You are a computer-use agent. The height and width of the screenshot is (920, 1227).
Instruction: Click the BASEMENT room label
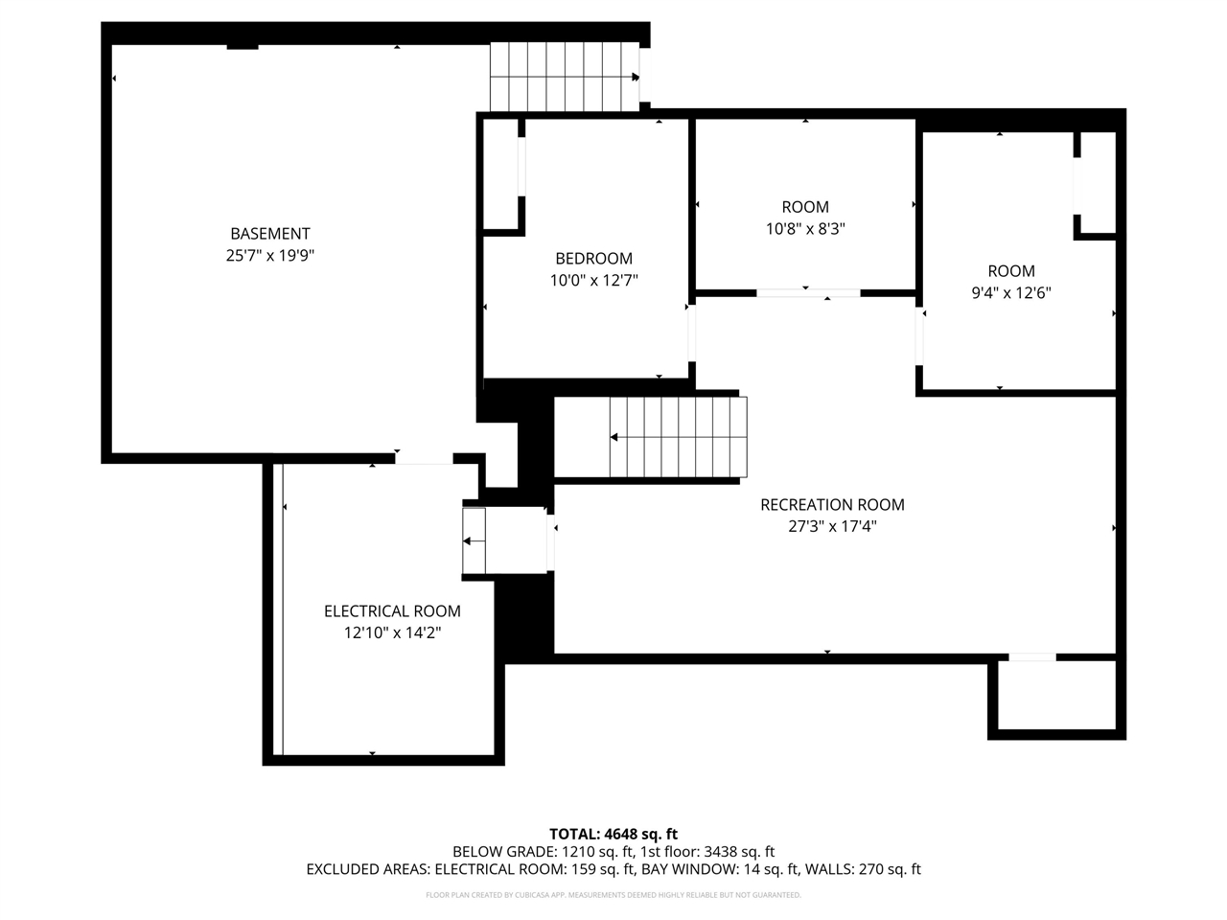pyautogui.click(x=270, y=234)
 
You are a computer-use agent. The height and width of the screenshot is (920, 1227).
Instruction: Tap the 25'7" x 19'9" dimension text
pyautogui.click(x=270, y=255)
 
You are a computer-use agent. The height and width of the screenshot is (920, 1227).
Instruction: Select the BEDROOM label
pyautogui.click(x=593, y=259)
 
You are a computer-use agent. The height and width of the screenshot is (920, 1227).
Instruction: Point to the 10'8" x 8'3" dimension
pyautogui.click(x=805, y=228)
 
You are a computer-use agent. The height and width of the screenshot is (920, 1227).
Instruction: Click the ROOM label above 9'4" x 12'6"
pyautogui.click(x=1011, y=271)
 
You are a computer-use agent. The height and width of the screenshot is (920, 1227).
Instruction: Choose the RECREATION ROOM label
pyautogui.click(x=832, y=504)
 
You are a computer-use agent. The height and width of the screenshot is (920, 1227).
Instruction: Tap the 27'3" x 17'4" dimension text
pyautogui.click(x=832, y=526)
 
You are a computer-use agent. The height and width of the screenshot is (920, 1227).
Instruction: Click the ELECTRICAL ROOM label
pyautogui.click(x=392, y=611)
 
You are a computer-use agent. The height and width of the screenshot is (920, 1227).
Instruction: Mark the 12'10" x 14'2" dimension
pyautogui.click(x=392, y=632)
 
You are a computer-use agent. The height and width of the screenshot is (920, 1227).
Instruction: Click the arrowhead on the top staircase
pyautogui.click(x=636, y=77)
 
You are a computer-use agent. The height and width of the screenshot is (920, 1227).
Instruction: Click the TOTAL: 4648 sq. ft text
pyautogui.click(x=613, y=834)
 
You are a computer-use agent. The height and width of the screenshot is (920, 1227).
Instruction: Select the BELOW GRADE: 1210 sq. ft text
pyautogui.click(x=544, y=852)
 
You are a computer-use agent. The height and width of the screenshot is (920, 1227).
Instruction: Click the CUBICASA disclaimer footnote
pyautogui.click(x=613, y=895)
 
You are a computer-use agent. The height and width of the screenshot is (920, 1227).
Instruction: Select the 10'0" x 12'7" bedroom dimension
pyautogui.click(x=593, y=281)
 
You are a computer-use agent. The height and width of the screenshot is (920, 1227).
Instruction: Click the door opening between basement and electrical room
pyautogui.click(x=424, y=459)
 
